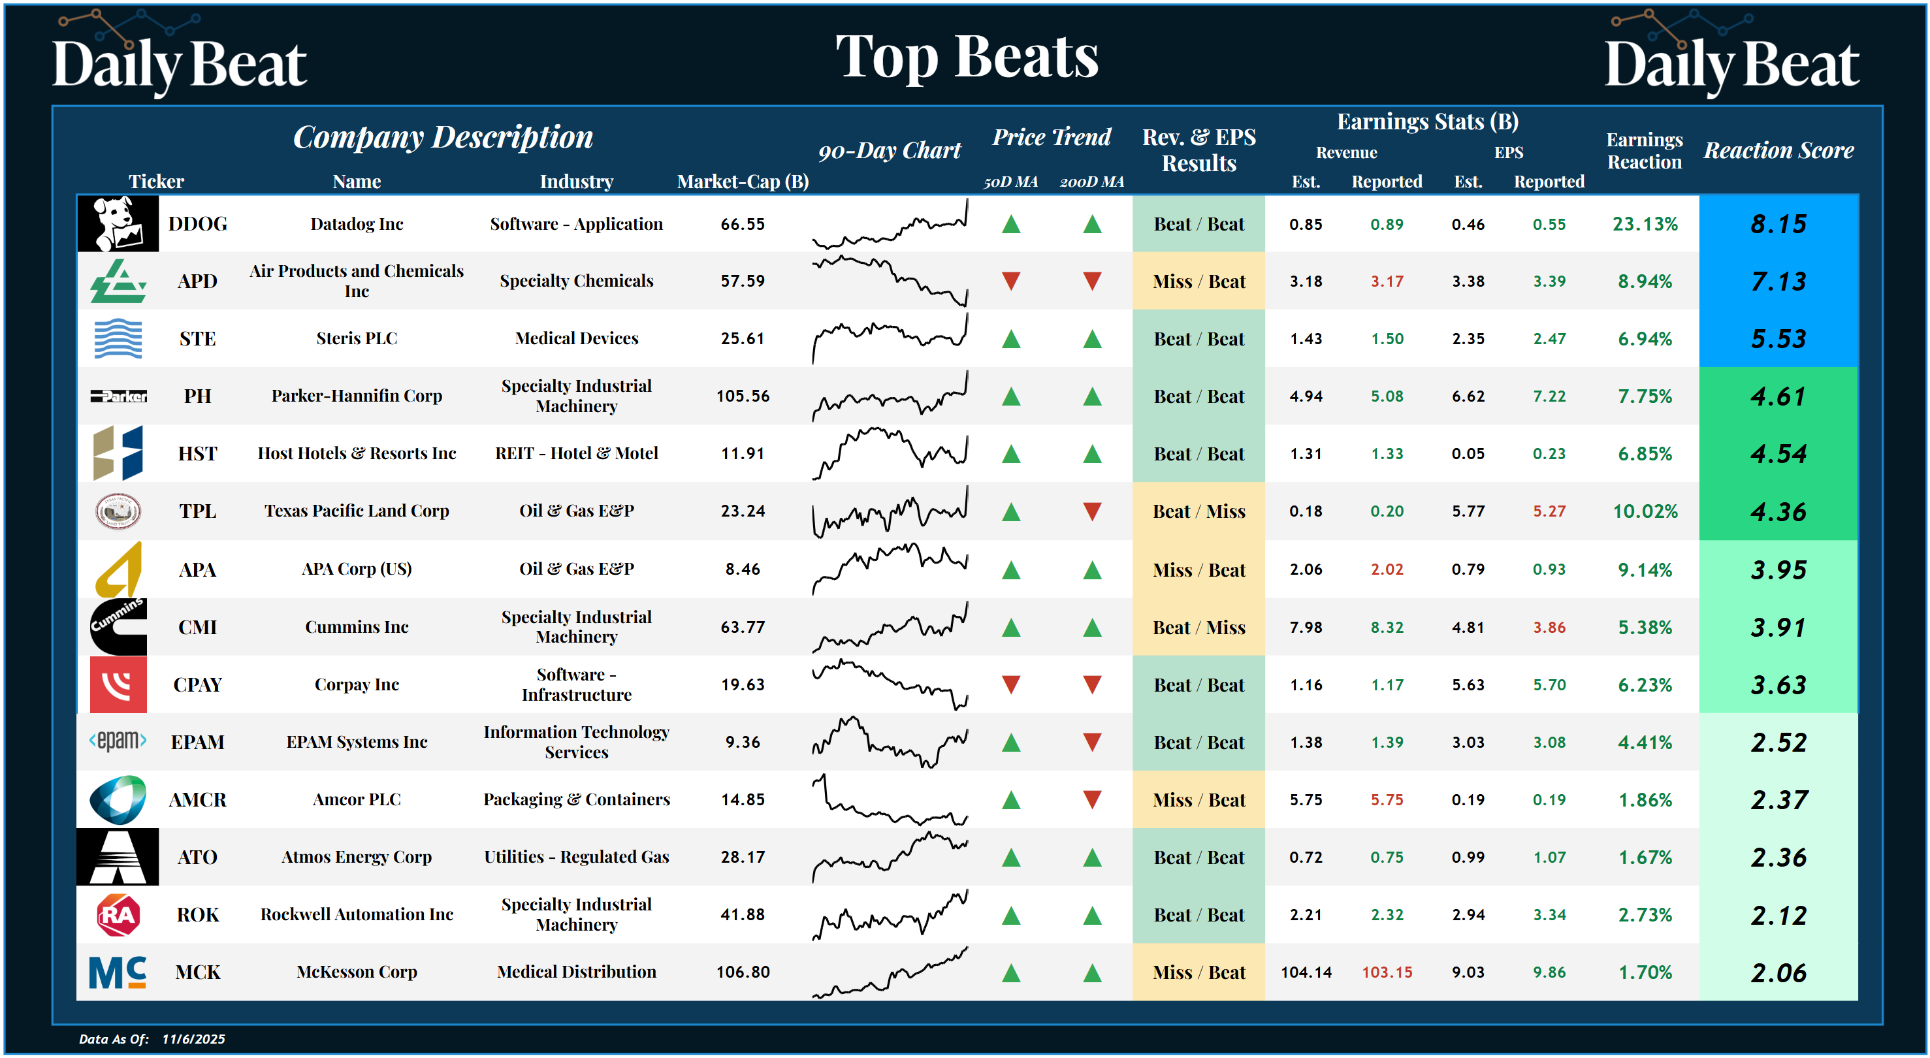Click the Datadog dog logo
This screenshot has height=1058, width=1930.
click(x=118, y=223)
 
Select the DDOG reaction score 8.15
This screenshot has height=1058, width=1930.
click(x=1778, y=224)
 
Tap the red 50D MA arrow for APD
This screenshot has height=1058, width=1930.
click(x=1010, y=281)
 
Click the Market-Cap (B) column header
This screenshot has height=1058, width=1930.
click(x=742, y=182)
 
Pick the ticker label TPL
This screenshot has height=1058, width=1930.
click(x=197, y=511)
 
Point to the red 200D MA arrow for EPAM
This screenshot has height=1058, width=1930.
click(x=1091, y=743)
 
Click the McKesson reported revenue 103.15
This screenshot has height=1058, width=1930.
click(x=1386, y=972)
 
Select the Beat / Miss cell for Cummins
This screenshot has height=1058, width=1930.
click(x=1198, y=627)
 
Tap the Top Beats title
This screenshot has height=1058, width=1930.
click(x=966, y=57)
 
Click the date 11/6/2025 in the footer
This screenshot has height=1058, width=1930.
click(x=193, y=1038)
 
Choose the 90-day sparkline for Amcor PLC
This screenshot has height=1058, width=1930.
click(x=890, y=800)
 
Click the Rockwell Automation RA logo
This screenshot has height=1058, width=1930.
click(x=118, y=915)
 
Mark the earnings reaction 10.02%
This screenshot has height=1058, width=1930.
click(x=1645, y=511)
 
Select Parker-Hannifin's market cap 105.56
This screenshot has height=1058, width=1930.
click(x=742, y=396)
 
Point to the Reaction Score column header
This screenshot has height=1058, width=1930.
click(x=1778, y=151)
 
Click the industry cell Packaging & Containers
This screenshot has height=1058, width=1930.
click(x=576, y=799)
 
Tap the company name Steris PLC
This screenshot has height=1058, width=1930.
click(x=357, y=339)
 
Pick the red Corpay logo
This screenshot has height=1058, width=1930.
click(x=118, y=685)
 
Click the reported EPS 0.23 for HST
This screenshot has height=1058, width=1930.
click(x=1549, y=453)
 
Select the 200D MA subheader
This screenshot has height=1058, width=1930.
click(x=1091, y=182)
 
